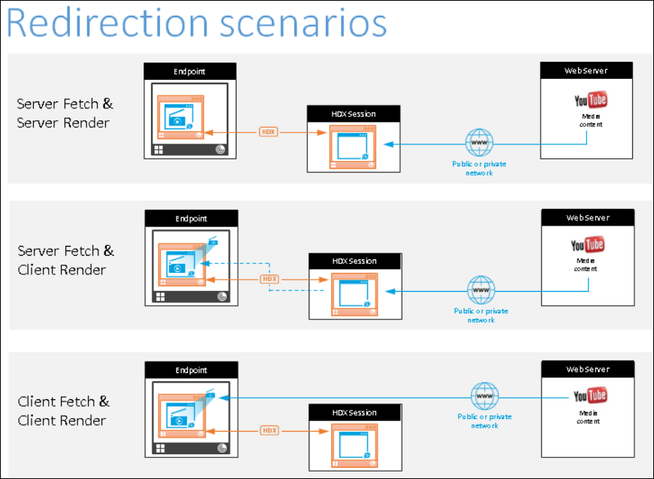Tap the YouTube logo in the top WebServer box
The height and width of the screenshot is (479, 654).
click(x=590, y=101)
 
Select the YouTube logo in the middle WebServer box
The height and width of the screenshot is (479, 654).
click(x=587, y=245)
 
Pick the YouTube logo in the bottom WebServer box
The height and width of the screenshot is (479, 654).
click(x=589, y=396)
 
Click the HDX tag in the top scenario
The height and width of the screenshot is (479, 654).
click(x=269, y=132)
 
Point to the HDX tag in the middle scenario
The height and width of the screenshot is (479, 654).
click(x=270, y=279)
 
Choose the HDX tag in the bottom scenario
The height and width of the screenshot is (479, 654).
click(x=270, y=431)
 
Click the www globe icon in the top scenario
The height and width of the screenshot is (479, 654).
click(x=479, y=141)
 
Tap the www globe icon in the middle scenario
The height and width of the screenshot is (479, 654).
click(x=481, y=290)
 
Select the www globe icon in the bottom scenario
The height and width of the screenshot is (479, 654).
click(x=484, y=396)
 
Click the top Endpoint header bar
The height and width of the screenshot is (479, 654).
click(x=190, y=71)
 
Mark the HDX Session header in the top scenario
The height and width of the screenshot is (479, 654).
click(x=353, y=114)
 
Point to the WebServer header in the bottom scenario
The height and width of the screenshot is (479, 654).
click(x=588, y=369)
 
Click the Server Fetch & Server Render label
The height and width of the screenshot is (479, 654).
click(x=65, y=113)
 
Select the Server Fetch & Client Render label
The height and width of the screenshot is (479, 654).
click(x=65, y=260)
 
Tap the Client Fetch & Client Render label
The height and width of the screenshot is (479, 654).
click(x=64, y=411)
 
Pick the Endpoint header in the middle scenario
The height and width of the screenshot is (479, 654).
click(x=191, y=220)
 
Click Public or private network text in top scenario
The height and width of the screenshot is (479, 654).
click(x=479, y=168)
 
